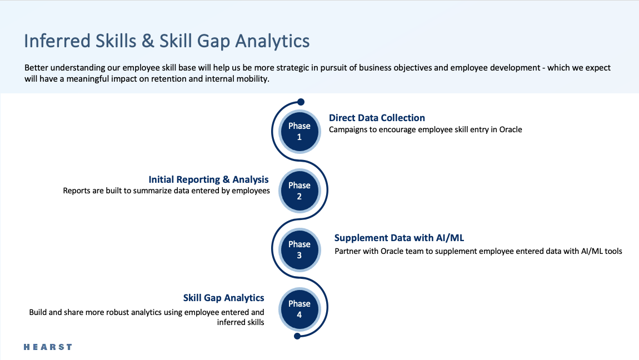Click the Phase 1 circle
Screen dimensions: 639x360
click(x=299, y=132)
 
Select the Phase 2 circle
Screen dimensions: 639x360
click(x=299, y=191)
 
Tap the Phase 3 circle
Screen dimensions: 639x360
click(x=299, y=249)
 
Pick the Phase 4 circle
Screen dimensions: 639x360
click(x=299, y=309)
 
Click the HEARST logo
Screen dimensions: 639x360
click(x=48, y=347)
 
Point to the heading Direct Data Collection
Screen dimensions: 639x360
click(x=377, y=118)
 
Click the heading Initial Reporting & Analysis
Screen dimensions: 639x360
click(x=209, y=179)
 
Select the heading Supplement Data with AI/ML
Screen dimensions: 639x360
click(x=400, y=238)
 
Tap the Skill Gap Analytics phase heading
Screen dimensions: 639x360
click(x=224, y=298)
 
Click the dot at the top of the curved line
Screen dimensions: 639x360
click(x=301, y=102)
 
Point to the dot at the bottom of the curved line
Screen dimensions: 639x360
click(x=297, y=336)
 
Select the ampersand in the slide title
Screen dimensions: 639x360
click(x=148, y=41)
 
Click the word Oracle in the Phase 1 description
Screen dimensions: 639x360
click(x=511, y=129)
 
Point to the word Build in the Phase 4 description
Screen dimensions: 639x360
click(x=37, y=312)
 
